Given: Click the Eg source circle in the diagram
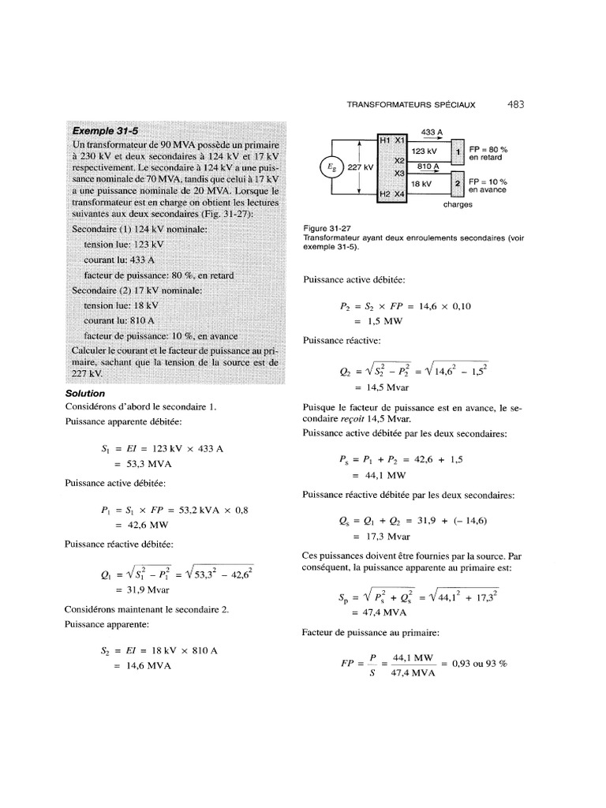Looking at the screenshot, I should coord(327,166).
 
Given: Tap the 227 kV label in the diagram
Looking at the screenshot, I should coord(360,167).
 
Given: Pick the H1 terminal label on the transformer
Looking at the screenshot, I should coord(385,140).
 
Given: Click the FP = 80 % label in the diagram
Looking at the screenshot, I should coord(488,149).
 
